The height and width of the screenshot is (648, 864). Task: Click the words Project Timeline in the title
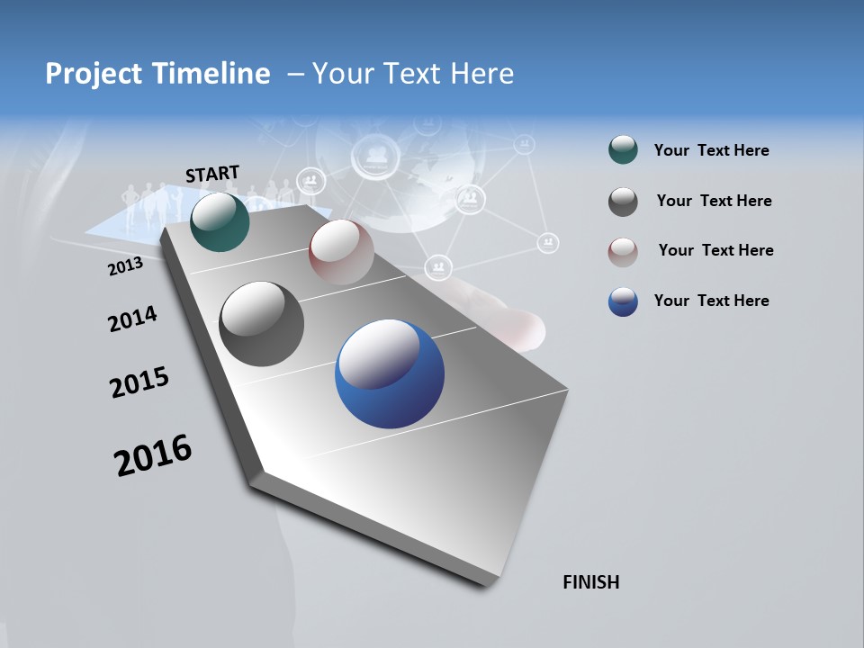(157, 74)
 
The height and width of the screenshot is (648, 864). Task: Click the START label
(212, 174)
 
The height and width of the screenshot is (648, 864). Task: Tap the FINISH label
(591, 582)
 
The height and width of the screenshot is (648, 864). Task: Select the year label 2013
(125, 266)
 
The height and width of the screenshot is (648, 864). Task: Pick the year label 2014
(132, 319)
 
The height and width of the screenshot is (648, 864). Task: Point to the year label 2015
(139, 382)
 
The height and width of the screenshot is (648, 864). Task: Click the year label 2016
(153, 454)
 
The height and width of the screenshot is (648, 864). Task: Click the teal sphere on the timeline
(220, 222)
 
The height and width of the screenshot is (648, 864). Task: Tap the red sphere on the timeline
(341, 252)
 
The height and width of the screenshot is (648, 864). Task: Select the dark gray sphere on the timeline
(262, 324)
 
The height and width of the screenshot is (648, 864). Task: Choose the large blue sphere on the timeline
(390, 373)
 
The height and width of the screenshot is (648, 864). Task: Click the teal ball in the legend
(623, 150)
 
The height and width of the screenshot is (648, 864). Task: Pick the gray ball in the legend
(623, 202)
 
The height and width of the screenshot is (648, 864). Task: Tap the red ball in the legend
(623, 251)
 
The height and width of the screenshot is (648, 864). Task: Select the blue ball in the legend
(623, 301)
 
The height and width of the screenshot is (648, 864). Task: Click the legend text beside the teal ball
(711, 150)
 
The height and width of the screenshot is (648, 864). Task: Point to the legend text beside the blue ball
(711, 301)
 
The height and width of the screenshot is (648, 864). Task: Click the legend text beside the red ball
(715, 250)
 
